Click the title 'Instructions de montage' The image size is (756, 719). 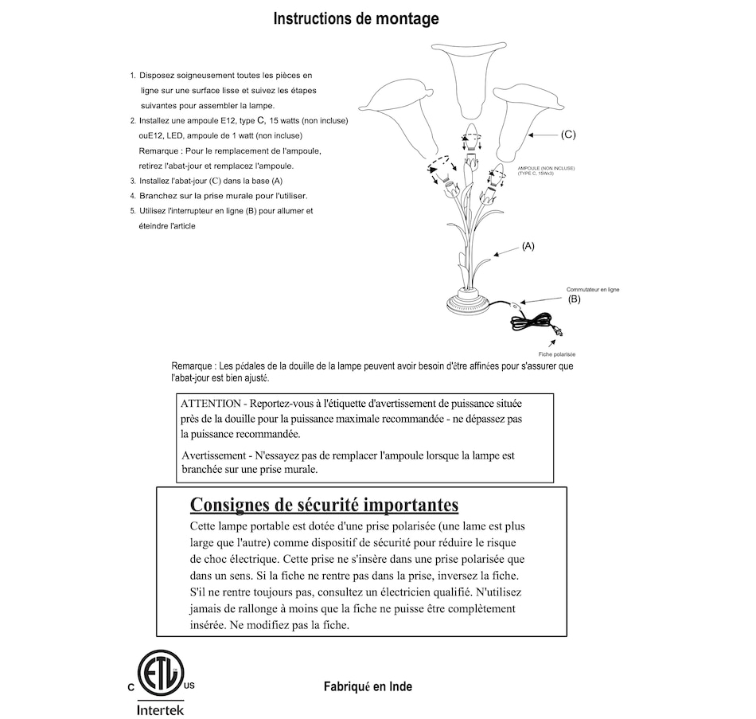tap(356, 18)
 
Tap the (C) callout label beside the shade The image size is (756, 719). tap(568, 135)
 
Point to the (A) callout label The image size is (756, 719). tap(528, 247)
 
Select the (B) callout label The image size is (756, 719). tap(575, 299)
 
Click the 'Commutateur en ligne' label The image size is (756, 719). tap(592, 290)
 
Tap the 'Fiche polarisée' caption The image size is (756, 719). tap(557, 354)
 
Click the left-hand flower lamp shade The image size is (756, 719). tap(399, 115)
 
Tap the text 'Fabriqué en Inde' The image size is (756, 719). tap(368, 686)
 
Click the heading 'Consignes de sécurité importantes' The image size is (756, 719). tap(324, 505)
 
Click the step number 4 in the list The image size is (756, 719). tap(133, 196)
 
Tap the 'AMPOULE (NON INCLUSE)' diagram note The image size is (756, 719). tap(545, 168)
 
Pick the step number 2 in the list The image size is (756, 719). tap(133, 121)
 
